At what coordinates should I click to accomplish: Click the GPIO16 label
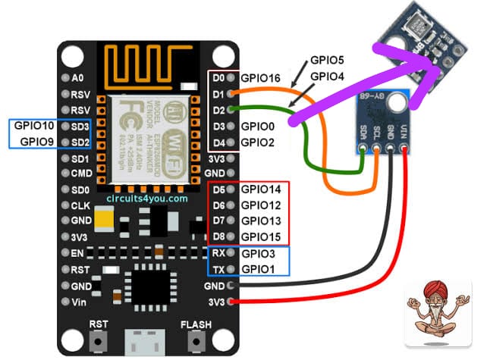tap(262, 77)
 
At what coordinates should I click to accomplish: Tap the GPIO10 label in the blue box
tap(34, 127)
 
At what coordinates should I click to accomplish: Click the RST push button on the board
tap(97, 340)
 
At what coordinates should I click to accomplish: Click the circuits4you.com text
tap(147, 199)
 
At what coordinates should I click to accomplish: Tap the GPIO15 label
tap(262, 236)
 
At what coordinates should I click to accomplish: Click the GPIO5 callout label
tap(328, 60)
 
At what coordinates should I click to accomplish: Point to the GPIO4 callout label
tap(328, 76)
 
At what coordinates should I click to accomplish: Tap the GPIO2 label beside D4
tap(258, 142)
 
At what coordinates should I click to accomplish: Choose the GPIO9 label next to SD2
tap(36, 141)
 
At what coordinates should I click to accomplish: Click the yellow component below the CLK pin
tap(104, 221)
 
